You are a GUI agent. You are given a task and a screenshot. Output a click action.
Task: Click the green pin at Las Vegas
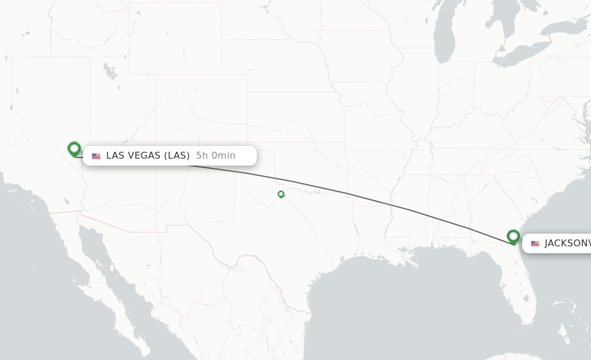pos(74,149)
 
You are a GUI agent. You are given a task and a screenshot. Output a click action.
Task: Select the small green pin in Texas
pos(281,194)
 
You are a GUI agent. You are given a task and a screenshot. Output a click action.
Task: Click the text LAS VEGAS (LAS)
pos(148,155)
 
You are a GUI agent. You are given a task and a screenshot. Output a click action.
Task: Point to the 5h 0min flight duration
pos(216,155)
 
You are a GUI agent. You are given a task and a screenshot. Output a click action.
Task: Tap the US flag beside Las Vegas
pos(96,156)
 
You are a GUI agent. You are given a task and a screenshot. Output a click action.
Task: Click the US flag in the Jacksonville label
pos(535,243)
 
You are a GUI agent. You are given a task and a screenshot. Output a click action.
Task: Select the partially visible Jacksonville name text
pos(567,243)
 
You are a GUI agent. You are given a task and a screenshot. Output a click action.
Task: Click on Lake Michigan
pos(444,40)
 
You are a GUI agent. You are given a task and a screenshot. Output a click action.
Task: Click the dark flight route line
pos(346,193)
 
